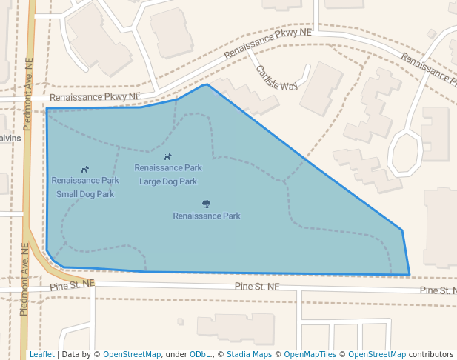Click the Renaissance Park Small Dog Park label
tap(85, 187)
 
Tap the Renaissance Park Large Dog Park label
tap(168, 174)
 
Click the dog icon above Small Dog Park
tap(85, 170)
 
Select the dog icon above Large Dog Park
tap(168, 157)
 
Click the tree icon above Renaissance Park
tap(206, 204)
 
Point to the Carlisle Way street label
tap(276, 78)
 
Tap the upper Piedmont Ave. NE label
tap(28, 96)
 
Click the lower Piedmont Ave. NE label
tap(24, 279)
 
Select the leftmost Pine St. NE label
tap(73, 284)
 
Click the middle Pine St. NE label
tap(257, 287)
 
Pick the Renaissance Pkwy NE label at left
tap(95, 97)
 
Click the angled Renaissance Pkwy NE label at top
tap(267, 44)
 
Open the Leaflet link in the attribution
tap(41, 354)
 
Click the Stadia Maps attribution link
tap(249, 354)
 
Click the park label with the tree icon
tap(207, 216)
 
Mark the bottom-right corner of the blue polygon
tap(410, 275)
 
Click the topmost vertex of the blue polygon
tap(206, 84)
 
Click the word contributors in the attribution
tap(431, 354)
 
